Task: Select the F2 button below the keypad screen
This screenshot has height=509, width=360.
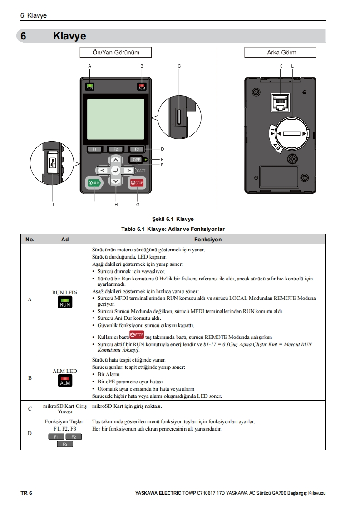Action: point(115,149)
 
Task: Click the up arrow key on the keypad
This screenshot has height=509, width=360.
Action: point(116,160)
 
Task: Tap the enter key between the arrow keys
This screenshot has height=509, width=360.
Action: point(116,171)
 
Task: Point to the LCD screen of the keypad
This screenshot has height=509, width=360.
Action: point(116,119)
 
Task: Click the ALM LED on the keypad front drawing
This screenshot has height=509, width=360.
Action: point(142,87)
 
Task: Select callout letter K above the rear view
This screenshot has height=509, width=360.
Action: point(281,66)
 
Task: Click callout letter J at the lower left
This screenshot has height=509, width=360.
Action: point(53,205)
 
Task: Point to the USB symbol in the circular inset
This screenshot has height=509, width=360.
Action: point(53,162)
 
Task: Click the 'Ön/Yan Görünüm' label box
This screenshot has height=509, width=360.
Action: point(116,53)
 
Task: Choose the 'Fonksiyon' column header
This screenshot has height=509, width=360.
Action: point(208,239)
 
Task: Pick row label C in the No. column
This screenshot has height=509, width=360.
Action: point(30,408)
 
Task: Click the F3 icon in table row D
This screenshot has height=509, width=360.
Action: point(65,444)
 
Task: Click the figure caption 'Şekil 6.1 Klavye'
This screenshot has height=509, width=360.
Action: point(173,219)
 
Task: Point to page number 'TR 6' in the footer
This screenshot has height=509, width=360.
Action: point(26,493)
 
